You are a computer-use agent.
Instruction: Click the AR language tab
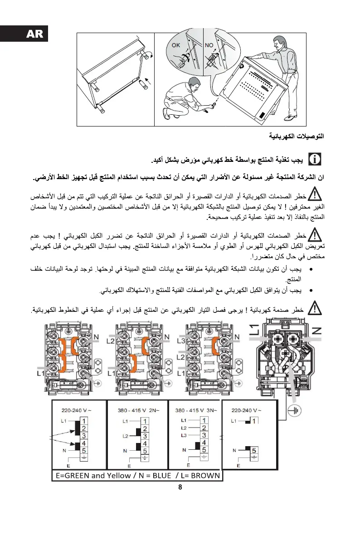click(x=24, y=34)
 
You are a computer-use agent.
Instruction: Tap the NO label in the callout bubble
click(x=209, y=45)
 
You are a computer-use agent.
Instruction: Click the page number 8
click(x=180, y=488)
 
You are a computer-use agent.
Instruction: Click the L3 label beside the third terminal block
click(x=180, y=341)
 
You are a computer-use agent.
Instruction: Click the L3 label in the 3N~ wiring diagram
click(x=184, y=435)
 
